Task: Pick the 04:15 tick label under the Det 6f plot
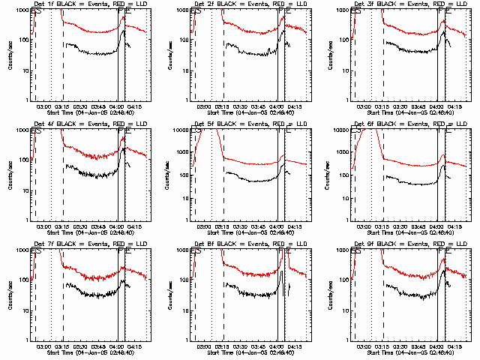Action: (454, 227)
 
